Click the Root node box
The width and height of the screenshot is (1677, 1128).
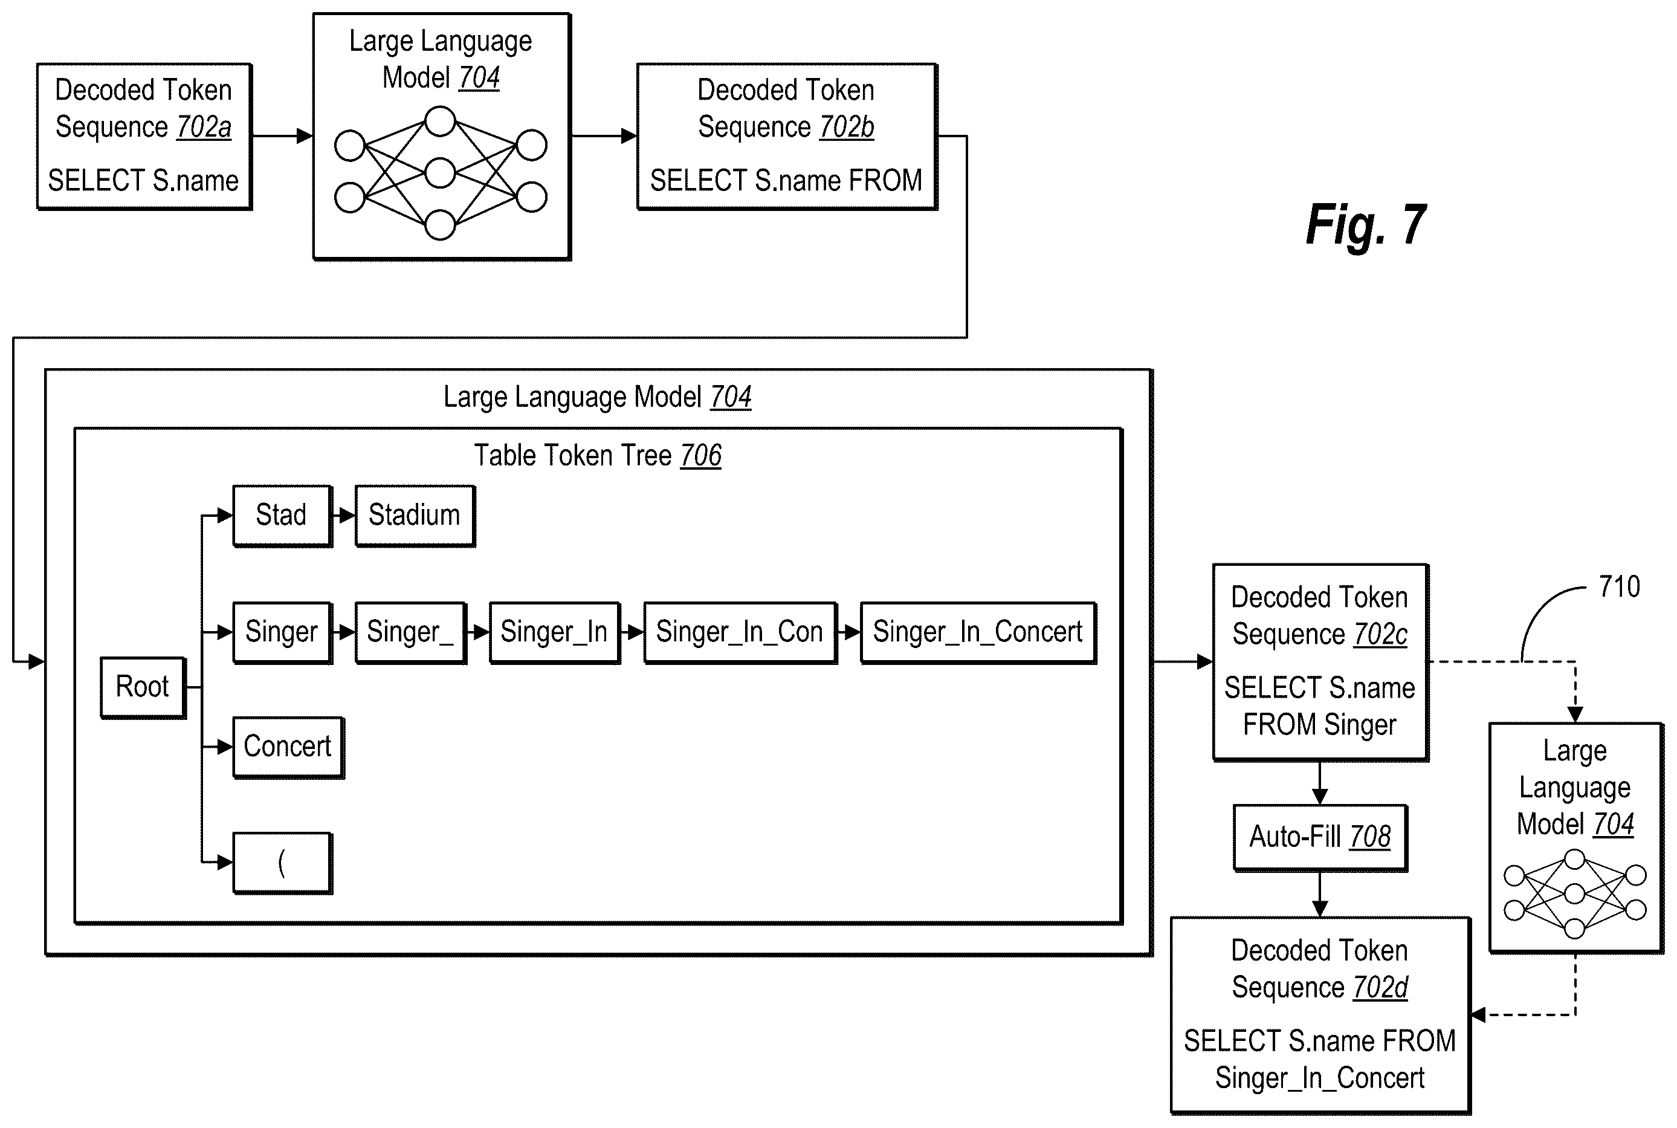click(x=143, y=687)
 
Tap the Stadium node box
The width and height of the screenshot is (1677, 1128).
click(x=415, y=516)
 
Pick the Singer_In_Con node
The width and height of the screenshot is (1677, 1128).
click(x=740, y=632)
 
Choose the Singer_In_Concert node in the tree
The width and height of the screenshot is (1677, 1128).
click(x=978, y=632)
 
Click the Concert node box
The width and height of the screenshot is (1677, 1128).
click(x=288, y=747)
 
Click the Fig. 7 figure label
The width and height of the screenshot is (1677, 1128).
click(x=1366, y=225)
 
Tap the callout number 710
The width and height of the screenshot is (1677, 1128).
click(x=1620, y=587)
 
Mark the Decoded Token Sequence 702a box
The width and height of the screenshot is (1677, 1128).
click(x=144, y=137)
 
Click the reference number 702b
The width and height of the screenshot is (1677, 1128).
click(x=847, y=128)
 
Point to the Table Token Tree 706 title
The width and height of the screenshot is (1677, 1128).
click(x=598, y=455)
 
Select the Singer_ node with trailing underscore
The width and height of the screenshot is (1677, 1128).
click(x=410, y=632)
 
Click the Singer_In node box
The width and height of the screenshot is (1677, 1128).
click(x=554, y=632)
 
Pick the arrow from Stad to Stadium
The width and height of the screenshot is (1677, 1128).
click(x=344, y=516)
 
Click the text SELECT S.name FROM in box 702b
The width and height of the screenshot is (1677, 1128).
click(x=786, y=181)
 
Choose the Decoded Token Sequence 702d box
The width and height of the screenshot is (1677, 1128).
click(x=1320, y=1016)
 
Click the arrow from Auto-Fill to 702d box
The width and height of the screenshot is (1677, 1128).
click(x=1320, y=894)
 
